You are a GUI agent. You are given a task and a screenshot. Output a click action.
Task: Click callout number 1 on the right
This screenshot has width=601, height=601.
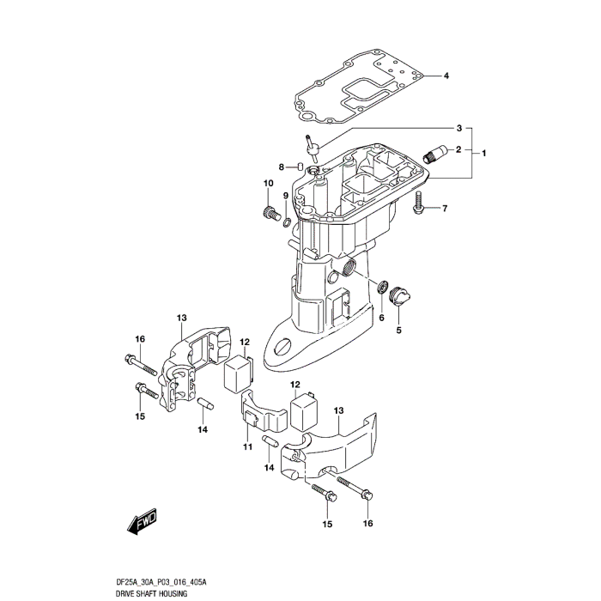pyautogui.click(x=484, y=153)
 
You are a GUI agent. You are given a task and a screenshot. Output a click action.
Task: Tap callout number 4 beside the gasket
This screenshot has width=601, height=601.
pyautogui.click(x=446, y=76)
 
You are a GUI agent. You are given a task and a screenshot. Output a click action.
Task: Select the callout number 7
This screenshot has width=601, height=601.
pyautogui.click(x=446, y=208)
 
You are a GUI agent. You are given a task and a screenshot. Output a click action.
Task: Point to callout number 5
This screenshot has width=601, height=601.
pyautogui.click(x=398, y=329)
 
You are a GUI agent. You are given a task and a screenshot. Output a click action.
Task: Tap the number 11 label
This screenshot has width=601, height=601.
pyautogui.click(x=246, y=446)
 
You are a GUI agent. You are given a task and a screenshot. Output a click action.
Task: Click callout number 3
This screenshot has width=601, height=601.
pyautogui.click(x=459, y=128)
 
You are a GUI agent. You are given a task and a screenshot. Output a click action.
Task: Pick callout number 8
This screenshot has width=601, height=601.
pyautogui.click(x=256, y=166)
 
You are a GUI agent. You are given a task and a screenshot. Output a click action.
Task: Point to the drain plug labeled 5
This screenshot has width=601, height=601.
pyautogui.click(x=399, y=296)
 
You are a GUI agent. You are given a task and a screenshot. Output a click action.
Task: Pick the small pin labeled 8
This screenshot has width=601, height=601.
pyautogui.click(x=277, y=166)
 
